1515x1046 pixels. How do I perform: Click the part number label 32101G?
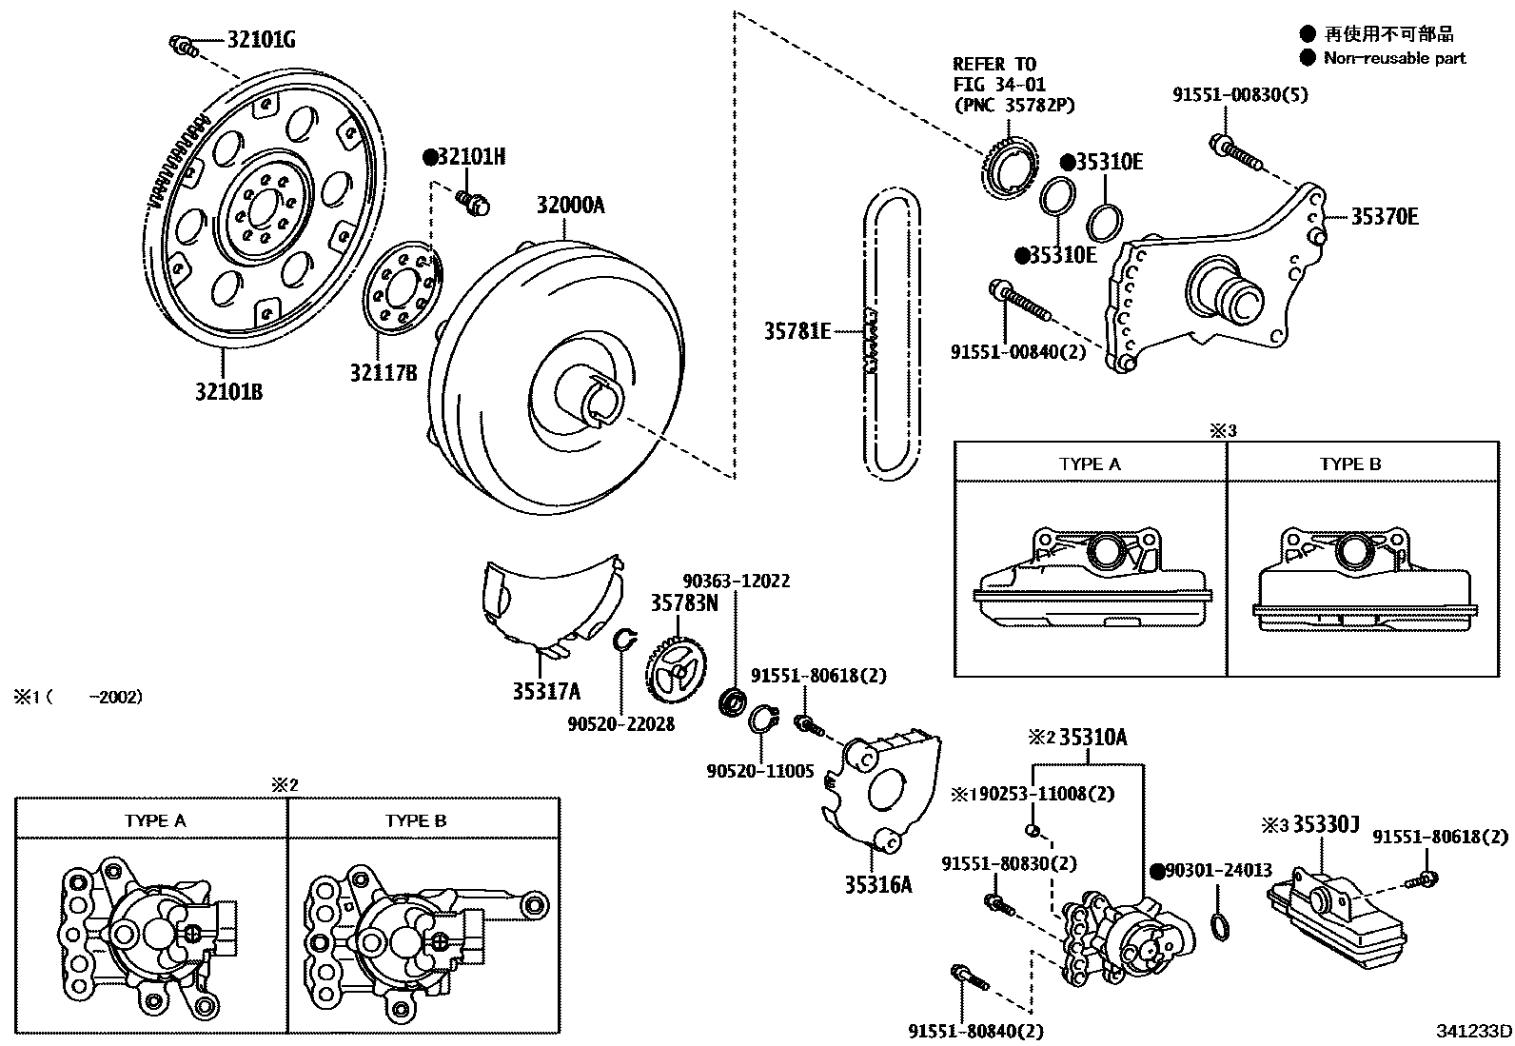261,40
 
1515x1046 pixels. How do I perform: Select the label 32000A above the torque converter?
570,206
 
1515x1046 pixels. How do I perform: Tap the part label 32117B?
384,372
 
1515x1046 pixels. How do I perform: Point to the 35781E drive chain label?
797,331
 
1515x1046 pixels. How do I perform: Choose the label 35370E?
1385,217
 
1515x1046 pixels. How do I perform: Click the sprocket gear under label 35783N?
679,671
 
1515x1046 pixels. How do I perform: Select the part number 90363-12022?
736,582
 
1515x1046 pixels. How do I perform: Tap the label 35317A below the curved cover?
546,692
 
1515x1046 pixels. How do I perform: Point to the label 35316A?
877,884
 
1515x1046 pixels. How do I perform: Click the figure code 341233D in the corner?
1474,1031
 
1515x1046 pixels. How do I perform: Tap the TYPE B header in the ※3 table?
1349,464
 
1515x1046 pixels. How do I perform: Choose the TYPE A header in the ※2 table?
154,820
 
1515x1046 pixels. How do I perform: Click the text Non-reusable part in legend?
1394,58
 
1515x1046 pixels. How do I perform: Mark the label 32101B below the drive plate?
228,391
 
